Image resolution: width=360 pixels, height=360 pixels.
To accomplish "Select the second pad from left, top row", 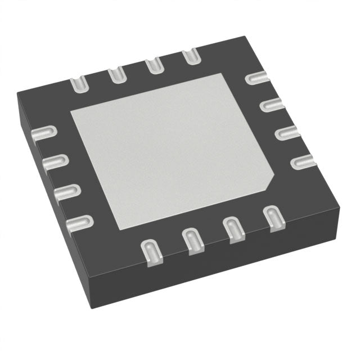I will pos(116,74).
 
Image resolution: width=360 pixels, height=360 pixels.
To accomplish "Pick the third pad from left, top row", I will pos(153,65).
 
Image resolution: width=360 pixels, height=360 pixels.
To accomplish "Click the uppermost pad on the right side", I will pos(258,78).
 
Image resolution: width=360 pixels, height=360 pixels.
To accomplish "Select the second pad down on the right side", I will pos(273,104).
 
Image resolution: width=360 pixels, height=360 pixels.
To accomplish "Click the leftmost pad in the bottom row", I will pos(151,251).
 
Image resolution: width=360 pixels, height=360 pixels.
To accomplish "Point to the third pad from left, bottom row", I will pos(232,229).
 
